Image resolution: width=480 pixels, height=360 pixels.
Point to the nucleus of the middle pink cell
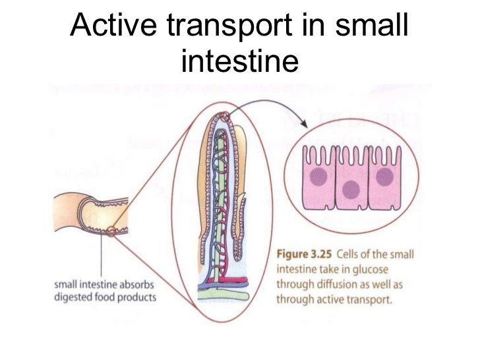click(351, 189)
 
